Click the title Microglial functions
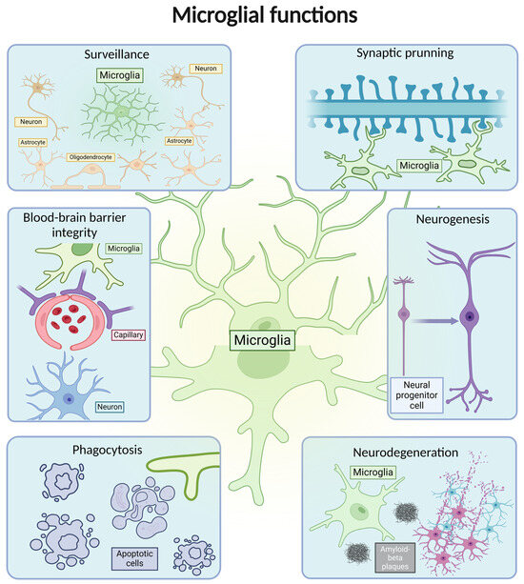[261, 16]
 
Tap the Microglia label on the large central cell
[263, 338]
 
